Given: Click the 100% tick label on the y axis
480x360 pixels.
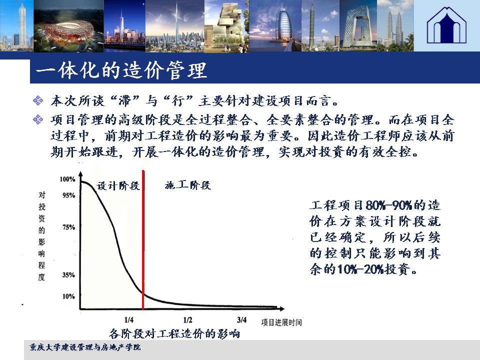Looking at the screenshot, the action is click(67, 179).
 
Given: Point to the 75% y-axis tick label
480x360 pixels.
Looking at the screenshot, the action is click(68, 227).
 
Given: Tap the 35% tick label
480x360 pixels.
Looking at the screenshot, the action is click(68, 275).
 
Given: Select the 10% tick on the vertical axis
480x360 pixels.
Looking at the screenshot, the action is click(68, 296).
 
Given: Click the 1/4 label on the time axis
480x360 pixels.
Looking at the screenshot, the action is click(129, 320).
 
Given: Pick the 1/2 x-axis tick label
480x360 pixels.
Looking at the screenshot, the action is click(187, 320).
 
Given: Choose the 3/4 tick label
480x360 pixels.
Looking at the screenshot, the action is click(242, 320).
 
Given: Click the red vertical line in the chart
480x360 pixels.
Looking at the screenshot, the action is click(143, 240).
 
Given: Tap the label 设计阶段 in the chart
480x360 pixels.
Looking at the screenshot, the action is click(118, 185).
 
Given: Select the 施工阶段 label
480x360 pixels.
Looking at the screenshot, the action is click(187, 185).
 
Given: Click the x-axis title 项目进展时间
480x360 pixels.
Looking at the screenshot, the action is click(281, 322).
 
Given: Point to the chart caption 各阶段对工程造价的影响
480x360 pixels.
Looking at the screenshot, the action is click(174, 333).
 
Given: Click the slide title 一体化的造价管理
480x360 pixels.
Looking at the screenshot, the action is click(121, 70).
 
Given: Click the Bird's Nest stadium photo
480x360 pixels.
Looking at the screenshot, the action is click(69, 26).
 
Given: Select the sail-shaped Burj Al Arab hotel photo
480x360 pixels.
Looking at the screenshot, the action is click(275, 25).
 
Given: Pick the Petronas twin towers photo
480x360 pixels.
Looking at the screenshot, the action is click(395, 25).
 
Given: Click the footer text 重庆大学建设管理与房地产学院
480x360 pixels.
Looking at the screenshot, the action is click(85, 347).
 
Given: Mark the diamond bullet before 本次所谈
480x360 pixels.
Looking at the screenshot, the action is click(38, 100).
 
